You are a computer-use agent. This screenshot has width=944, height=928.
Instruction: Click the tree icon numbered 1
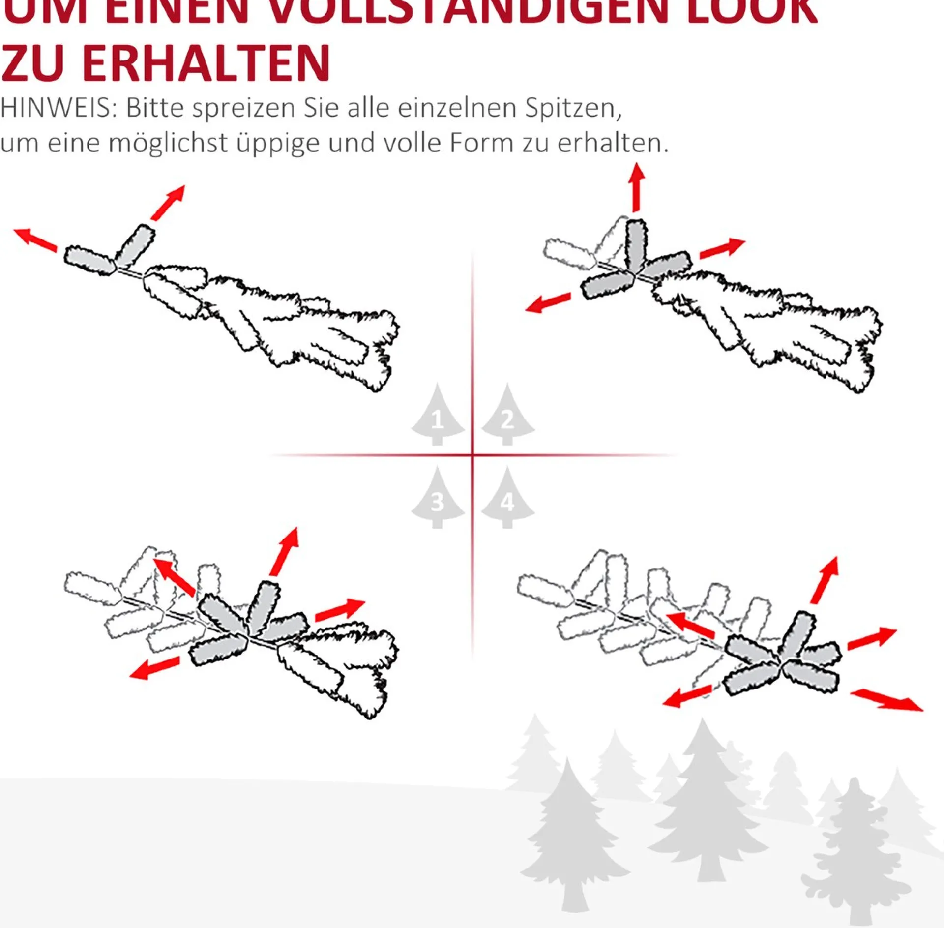pos(437,419)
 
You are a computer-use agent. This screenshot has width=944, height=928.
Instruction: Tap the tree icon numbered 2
pos(507,419)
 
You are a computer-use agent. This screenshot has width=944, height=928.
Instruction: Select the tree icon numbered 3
pos(437,501)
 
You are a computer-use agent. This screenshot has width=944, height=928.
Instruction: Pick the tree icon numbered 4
pos(507,501)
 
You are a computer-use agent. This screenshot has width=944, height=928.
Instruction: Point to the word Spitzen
pos(573,109)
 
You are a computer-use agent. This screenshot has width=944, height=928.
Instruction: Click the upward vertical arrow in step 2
pos(637,187)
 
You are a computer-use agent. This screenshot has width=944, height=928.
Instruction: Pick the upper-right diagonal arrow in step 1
pos(168,203)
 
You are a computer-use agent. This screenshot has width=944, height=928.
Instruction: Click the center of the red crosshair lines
pos(472,455)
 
